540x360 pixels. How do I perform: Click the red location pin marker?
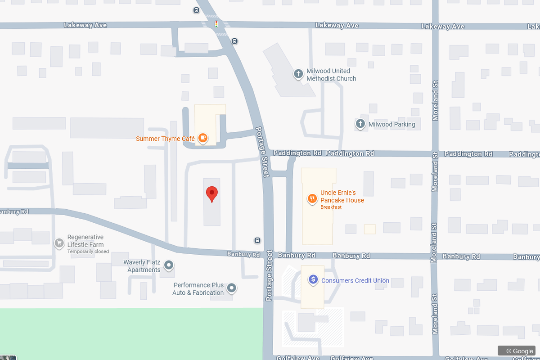[x=212, y=194]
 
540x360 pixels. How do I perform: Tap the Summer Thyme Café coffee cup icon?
[x=203, y=138]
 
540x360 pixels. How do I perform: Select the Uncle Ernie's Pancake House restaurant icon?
[x=311, y=198]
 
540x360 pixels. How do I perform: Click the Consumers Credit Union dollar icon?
[x=313, y=280]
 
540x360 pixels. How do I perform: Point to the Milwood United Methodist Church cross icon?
[x=298, y=74]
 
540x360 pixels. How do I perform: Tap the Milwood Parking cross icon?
[x=360, y=124]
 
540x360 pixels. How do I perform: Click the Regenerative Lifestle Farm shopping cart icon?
[x=58, y=243]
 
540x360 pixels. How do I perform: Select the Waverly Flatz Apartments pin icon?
[x=169, y=265]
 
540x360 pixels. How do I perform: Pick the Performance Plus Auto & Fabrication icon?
[x=231, y=288]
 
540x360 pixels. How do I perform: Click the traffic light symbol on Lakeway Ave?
[x=216, y=24]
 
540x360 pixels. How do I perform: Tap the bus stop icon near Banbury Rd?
[x=257, y=240]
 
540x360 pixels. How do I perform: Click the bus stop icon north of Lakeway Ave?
[x=197, y=10]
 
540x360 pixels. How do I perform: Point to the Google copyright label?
[x=519, y=351]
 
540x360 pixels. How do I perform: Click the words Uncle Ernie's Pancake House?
[x=342, y=196]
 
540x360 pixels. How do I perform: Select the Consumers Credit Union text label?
[x=355, y=280]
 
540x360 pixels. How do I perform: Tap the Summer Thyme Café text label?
[x=165, y=139]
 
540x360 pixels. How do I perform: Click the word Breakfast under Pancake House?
[x=331, y=207]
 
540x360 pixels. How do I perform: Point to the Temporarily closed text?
[x=88, y=252]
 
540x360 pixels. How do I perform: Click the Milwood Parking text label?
[x=391, y=124]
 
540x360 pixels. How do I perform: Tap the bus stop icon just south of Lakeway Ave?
[x=234, y=41]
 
